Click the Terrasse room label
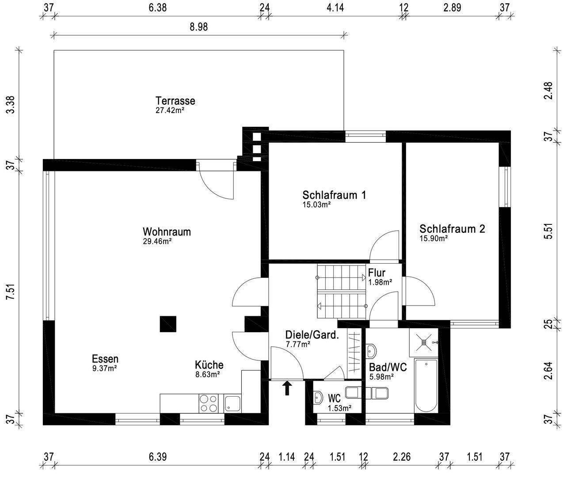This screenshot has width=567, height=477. click(175, 101)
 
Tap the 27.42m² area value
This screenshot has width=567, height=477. click(170, 110)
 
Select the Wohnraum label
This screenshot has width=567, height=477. click(167, 231)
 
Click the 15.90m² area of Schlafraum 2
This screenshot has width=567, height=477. click(434, 238)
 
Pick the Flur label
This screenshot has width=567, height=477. click(377, 273)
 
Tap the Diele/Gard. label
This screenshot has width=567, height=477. click(312, 335)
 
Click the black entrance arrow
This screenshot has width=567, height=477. click(287, 388)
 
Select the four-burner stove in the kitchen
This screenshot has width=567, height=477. click(208, 403)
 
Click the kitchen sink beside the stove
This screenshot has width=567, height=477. click(232, 404)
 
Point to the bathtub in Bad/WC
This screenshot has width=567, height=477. click(426, 386)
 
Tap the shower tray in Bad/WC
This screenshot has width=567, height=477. click(424, 342)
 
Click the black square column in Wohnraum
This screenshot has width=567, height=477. click(168, 324)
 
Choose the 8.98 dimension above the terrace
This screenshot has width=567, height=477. click(199, 27)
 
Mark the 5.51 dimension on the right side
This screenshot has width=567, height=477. click(548, 231)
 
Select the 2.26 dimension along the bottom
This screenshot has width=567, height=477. click(402, 457)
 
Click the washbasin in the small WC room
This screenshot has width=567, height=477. click(318, 398)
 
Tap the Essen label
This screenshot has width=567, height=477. click(105, 359)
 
